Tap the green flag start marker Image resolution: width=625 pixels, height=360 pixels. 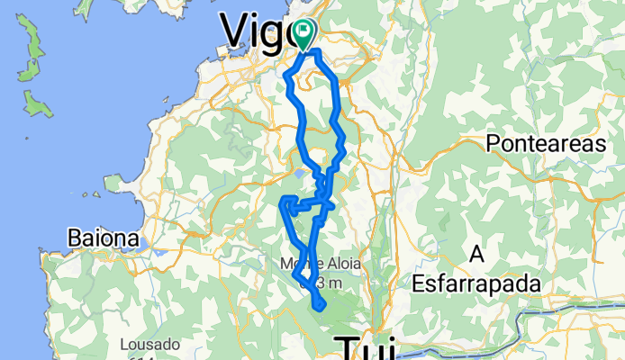[x=303, y=34]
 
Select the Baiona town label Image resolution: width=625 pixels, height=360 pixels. [x=104, y=240]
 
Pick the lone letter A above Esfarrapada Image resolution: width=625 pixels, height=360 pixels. [x=476, y=256]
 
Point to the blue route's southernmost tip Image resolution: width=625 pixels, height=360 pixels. [x=320, y=310]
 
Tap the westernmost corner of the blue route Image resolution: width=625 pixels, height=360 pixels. [x=284, y=202]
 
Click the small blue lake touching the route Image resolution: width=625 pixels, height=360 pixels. [x=299, y=175]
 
